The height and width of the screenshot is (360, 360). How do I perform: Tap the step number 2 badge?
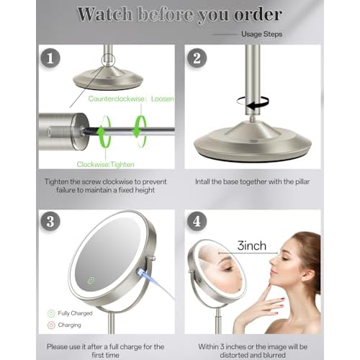tap(197, 58)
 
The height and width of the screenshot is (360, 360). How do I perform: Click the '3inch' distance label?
tap(251, 246)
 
